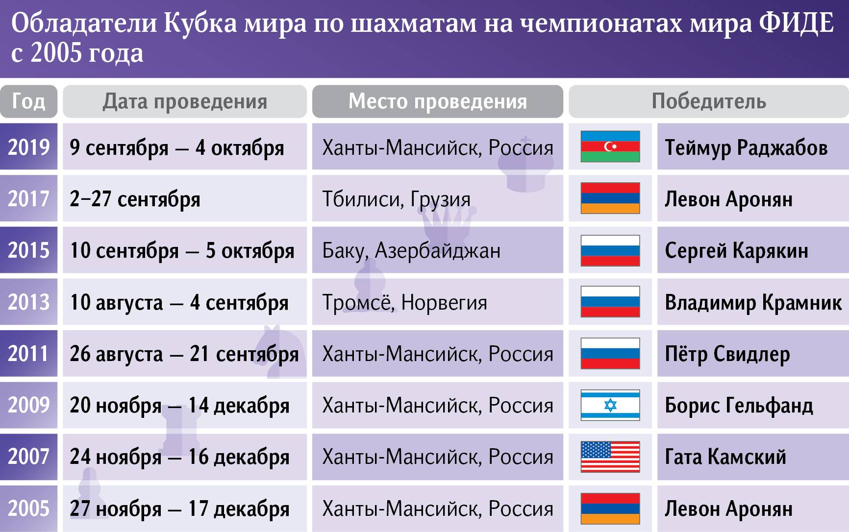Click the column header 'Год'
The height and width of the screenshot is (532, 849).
coord(28,101)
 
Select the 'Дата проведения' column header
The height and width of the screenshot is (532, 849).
coord(185,101)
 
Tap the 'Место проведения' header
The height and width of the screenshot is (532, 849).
coord(438,101)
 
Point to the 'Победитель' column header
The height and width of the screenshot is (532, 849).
coord(709,101)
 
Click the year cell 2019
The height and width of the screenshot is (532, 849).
coord(28,147)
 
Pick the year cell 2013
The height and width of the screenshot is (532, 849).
coord(28,302)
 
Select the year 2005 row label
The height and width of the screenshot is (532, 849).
coord(28,508)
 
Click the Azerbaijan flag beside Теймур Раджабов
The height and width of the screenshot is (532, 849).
coord(610,146)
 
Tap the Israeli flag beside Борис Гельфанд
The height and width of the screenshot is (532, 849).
coord(610,405)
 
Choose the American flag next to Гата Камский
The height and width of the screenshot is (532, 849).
coord(610,457)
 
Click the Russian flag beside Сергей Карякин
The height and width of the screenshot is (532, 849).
coord(610,250)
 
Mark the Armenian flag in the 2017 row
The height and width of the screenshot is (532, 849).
coord(610,198)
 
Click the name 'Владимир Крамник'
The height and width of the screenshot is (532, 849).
coord(753,302)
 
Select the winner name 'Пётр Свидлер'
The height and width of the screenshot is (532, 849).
coord(727,354)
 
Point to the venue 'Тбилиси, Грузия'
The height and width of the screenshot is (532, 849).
coord(396,199)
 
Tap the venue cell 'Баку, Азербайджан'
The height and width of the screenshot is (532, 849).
coord(411,251)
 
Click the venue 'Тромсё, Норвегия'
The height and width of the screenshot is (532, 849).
coord(404,302)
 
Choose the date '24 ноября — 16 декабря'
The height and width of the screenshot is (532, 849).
coord(179,457)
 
